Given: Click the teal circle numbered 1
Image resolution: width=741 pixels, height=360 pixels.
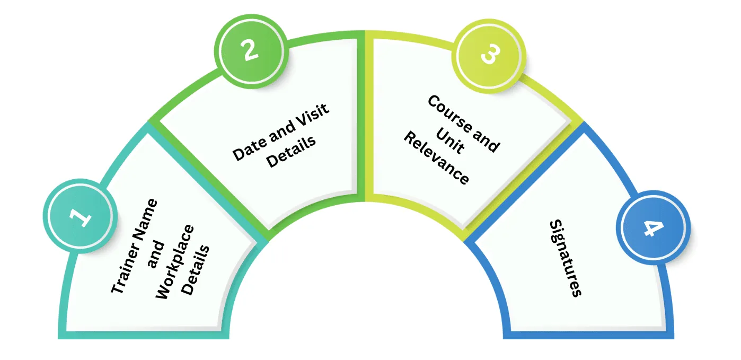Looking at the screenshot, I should pos(80,216).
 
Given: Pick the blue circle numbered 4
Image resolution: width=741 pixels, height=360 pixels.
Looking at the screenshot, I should pos(653,227).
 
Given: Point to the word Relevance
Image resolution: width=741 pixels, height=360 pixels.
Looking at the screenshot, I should pos(436,159).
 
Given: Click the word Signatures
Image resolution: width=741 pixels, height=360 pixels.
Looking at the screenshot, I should pos(566,258).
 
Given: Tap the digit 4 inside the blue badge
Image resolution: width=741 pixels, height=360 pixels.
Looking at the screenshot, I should pos(653,228).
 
